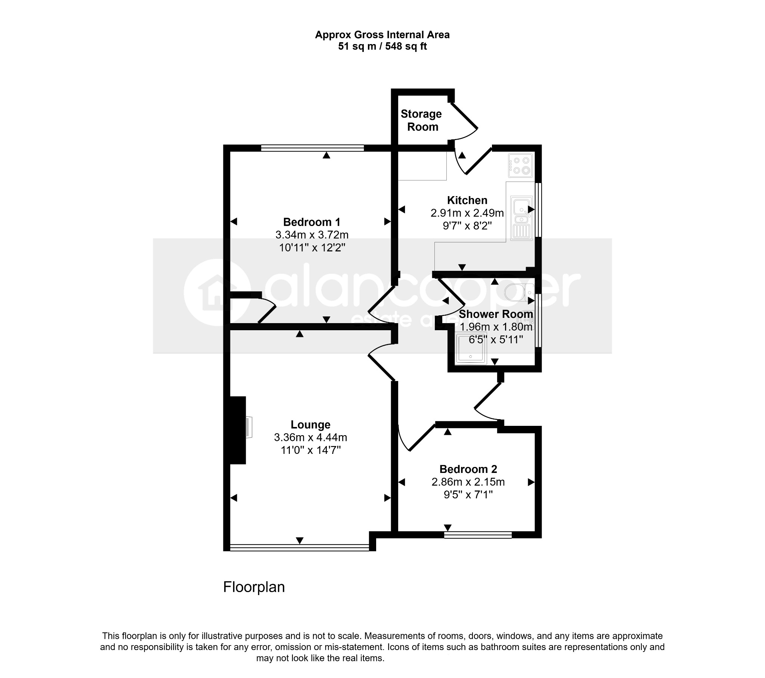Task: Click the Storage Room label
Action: tap(421, 121)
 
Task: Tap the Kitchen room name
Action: tap(467, 200)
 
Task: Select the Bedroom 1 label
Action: tap(312, 222)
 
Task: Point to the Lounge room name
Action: tap(311, 425)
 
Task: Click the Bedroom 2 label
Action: tap(468, 469)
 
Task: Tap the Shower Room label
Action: tap(496, 314)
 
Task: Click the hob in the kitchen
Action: tap(521, 165)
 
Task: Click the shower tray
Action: tap(471, 348)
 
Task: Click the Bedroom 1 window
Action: tap(312, 148)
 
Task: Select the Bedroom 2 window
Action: tap(478, 535)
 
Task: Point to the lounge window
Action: tap(300, 548)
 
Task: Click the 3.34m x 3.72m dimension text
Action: tap(312, 235)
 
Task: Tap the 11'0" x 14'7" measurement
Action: tap(311, 450)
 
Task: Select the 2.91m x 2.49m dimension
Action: tap(467, 213)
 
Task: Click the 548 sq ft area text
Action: tap(406, 46)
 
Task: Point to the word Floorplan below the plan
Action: tap(254, 587)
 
